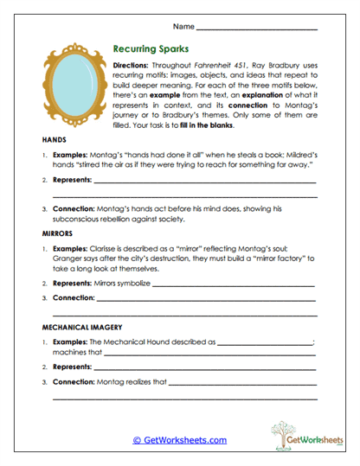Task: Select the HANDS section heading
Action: (54, 140)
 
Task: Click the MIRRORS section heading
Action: (58, 233)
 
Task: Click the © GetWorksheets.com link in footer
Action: (179, 440)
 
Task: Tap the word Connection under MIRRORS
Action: (74, 298)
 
